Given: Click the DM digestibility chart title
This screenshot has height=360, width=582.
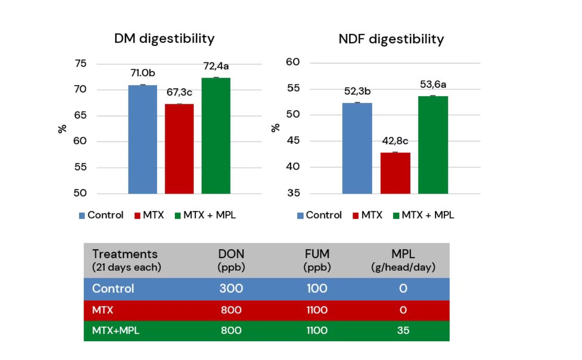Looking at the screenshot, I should (x=164, y=38).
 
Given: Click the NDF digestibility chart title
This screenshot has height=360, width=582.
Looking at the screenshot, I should (x=391, y=39).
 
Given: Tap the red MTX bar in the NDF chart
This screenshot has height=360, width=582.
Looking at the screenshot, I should (x=395, y=173).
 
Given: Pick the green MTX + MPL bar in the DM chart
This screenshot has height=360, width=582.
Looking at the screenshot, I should (x=216, y=136).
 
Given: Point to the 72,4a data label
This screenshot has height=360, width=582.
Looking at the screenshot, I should (x=216, y=66).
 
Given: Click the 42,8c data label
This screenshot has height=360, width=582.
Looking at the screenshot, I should (x=395, y=141).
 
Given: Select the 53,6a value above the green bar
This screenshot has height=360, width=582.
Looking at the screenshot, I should (x=433, y=84).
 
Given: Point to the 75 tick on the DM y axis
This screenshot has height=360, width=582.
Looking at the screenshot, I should (x=80, y=63).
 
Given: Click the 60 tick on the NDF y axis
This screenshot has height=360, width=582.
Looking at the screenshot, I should (x=293, y=62).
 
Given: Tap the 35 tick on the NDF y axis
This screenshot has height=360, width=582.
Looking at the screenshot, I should (x=293, y=193).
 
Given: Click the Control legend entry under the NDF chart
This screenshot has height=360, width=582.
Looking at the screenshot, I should (x=319, y=215).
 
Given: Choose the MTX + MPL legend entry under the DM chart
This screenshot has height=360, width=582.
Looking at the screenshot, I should (x=205, y=215).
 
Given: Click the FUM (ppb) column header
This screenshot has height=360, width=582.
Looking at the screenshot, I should (x=317, y=260).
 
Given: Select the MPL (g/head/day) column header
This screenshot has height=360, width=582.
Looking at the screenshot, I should (x=403, y=260).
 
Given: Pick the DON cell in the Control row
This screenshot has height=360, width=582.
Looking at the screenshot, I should (x=231, y=288).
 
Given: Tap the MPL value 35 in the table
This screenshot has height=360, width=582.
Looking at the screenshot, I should (x=403, y=330).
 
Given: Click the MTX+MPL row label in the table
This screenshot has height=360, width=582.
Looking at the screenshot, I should (x=116, y=330).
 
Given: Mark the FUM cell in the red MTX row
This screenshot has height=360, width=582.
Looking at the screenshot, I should (x=317, y=310).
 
